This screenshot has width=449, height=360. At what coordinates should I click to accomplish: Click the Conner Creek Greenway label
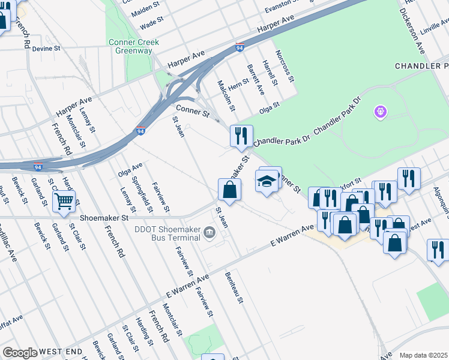tap(131, 46)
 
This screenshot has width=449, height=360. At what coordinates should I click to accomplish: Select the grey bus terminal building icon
tap(209, 232)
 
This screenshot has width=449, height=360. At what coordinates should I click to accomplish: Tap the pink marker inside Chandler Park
tap(380, 112)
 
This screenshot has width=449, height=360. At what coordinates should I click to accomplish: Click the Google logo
tap(20, 353)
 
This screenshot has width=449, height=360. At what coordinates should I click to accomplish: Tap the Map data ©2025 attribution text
tap(423, 355)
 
